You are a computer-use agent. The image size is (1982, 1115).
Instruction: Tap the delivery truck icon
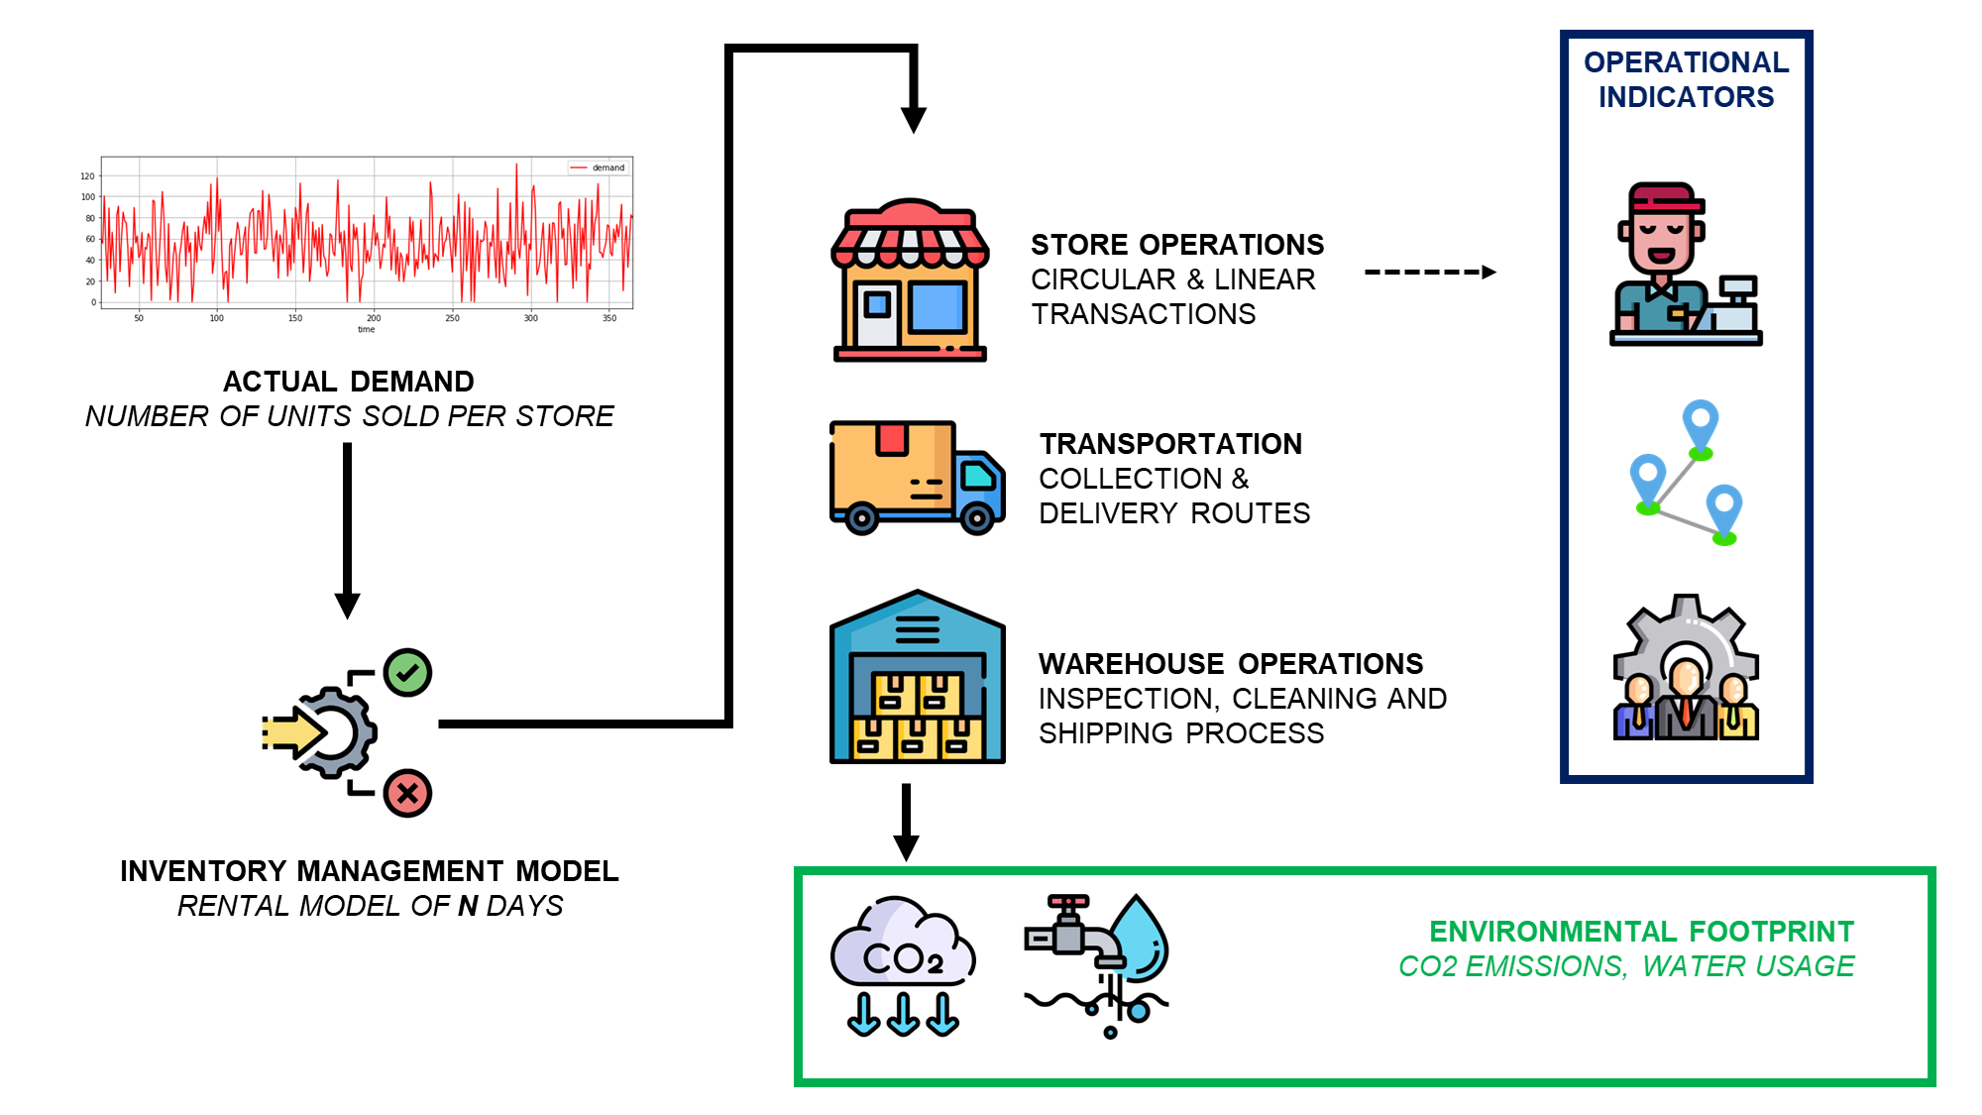click(x=917, y=477)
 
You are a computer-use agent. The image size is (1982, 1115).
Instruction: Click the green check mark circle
click(x=407, y=673)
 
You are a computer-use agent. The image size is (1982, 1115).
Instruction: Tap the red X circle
click(x=407, y=793)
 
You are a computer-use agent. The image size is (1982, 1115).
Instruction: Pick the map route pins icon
click(x=1685, y=473)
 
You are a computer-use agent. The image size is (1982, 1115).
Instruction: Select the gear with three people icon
click(x=1685, y=668)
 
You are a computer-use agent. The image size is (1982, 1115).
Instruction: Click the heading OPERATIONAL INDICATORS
click(x=1686, y=79)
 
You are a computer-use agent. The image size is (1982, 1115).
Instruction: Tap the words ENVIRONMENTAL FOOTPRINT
click(x=1641, y=932)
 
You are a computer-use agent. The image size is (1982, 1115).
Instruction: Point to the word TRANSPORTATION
click(x=1170, y=444)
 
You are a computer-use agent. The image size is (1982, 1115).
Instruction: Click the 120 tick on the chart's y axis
click(x=87, y=176)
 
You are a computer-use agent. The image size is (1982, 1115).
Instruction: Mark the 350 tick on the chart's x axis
click(x=609, y=318)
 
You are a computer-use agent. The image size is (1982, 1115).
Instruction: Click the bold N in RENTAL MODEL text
click(x=468, y=906)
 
